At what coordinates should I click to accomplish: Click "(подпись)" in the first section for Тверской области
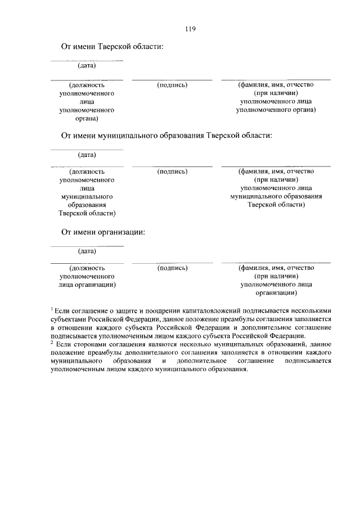(x=173, y=85)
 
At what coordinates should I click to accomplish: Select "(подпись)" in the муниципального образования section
(x=173, y=172)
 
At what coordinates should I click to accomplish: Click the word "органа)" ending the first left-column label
(x=87, y=119)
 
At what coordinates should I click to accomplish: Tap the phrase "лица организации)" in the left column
(x=87, y=285)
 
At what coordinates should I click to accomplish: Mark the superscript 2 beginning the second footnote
(x=51, y=342)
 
